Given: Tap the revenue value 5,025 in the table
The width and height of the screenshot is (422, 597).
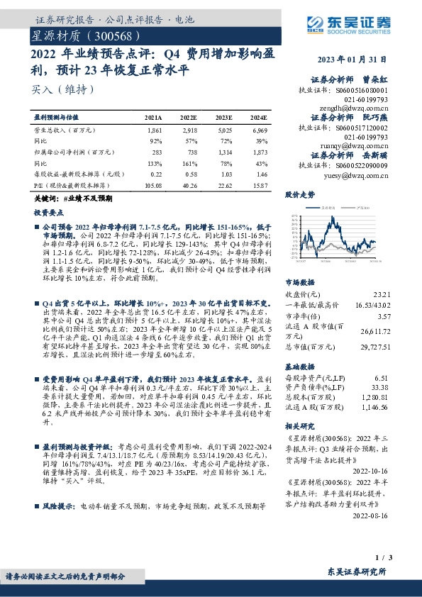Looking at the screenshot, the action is coord(224,131).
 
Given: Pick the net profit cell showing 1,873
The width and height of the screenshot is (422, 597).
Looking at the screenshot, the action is coord(260,152).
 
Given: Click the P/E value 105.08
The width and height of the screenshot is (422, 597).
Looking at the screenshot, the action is coord(153,186).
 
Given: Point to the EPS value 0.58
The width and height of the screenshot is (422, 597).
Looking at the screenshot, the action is coord(189,174).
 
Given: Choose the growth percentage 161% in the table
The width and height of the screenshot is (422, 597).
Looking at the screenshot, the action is coord(189,162).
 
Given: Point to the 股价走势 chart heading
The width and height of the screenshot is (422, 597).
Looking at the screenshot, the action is coord(300,194).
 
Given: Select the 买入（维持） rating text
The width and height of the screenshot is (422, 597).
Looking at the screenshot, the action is coord(62,89).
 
